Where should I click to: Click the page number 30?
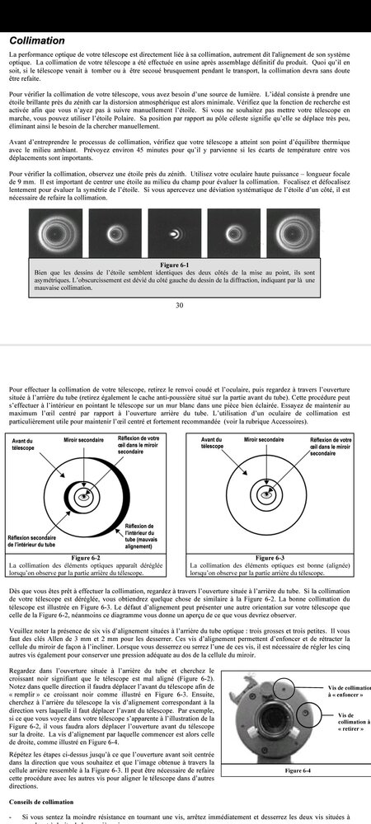(x=179, y=305)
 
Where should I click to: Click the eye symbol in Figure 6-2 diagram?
(x=83, y=497)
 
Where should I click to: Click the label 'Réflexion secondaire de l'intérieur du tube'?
(x=36, y=540)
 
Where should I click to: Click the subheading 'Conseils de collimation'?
(x=47, y=801)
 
